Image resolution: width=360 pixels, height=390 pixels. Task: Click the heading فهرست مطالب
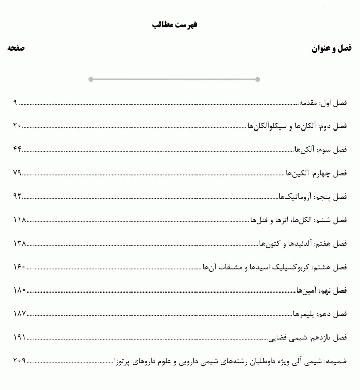175,24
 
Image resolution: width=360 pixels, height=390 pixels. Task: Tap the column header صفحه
16,48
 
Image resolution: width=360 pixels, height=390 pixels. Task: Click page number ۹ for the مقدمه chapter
15,103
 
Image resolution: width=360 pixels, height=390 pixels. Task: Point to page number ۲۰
17,126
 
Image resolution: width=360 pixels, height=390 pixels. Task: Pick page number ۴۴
17,149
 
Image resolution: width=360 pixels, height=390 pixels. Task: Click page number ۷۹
17,173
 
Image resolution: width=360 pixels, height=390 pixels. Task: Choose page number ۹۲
17,197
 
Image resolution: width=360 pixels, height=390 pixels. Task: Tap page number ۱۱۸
19,220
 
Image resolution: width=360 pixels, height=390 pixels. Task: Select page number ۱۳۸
19,243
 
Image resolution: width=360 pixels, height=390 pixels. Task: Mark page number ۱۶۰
19,267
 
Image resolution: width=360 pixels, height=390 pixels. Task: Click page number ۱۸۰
19,290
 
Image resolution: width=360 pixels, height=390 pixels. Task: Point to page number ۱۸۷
19,314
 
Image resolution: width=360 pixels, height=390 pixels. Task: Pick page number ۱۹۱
19,337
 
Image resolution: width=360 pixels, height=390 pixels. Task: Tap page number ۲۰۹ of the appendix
19,361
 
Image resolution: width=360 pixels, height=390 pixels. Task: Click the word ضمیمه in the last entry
336,361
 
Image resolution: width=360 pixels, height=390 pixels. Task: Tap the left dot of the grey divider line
91,79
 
